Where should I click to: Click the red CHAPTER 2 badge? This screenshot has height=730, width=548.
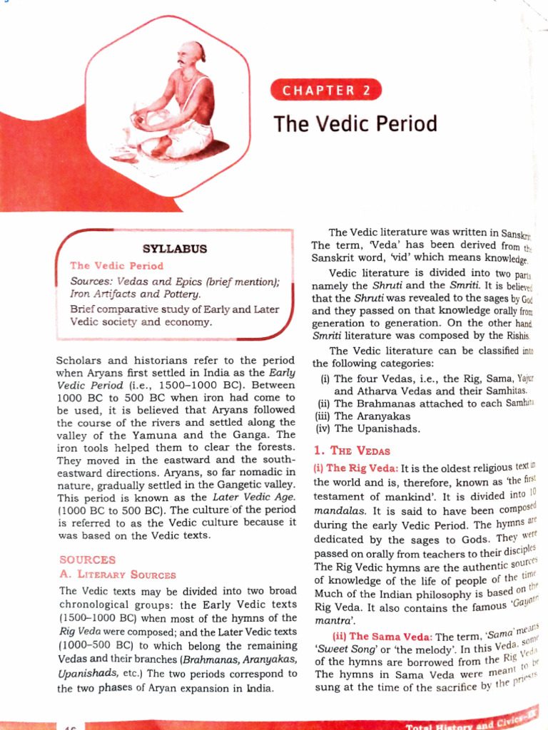pyautogui.click(x=326, y=90)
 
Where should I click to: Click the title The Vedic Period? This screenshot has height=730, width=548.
pyautogui.click(x=355, y=123)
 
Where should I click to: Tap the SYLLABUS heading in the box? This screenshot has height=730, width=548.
pyautogui.click(x=175, y=249)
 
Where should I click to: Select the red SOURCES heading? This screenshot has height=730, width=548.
pyautogui.click(x=86, y=560)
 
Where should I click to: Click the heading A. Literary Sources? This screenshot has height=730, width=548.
pyautogui.click(x=117, y=575)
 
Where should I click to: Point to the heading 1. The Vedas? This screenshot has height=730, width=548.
pyautogui.click(x=352, y=451)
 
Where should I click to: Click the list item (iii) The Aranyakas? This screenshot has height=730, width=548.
pyautogui.click(x=363, y=416)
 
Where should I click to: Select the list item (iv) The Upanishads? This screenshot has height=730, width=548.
pyautogui.click(x=367, y=428)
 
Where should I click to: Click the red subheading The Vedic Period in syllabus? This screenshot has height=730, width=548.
pyautogui.click(x=116, y=266)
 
